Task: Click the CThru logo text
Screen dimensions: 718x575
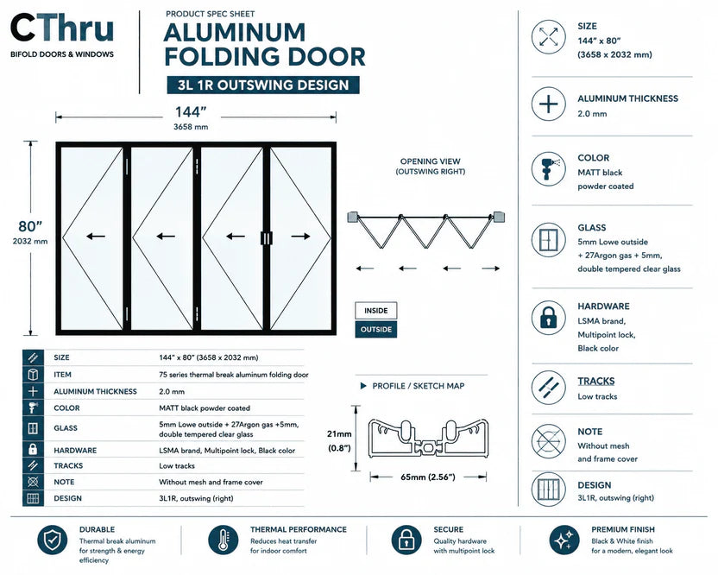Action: [x=62, y=28]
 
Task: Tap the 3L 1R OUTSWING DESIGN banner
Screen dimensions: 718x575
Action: [x=263, y=85]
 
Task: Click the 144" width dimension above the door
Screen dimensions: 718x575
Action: [x=191, y=112]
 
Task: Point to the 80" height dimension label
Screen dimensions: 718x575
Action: [x=30, y=226]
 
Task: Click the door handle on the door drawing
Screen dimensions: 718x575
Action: [x=266, y=238]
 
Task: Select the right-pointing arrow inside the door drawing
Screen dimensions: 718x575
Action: [x=300, y=237]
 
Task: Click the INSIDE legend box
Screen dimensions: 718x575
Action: [x=376, y=311]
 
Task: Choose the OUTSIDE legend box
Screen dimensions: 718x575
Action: [x=376, y=330]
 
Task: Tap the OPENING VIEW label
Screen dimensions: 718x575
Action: [x=430, y=161]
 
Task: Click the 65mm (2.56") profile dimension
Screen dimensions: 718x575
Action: [x=428, y=477]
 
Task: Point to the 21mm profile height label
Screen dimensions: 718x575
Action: [x=339, y=434]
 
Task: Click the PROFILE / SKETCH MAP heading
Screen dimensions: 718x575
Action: [x=418, y=386]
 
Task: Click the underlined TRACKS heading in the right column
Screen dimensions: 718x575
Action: [x=595, y=382]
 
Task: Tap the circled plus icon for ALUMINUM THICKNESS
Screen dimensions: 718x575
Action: [x=549, y=104]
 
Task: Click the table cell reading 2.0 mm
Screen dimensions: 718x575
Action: [x=172, y=392]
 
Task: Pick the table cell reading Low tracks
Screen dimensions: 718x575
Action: [x=177, y=466]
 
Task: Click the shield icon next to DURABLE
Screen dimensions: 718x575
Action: [x=53, y=540]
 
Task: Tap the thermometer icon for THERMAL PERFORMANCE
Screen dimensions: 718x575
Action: [x=223, y=540]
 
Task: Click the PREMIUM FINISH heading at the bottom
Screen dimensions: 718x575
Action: [x=623, y=529]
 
